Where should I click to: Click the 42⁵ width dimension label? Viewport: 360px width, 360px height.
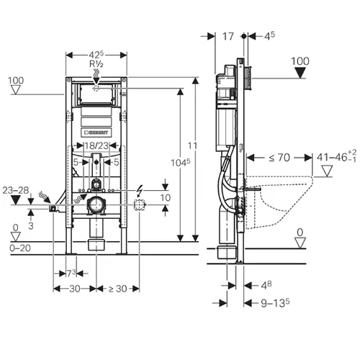point(96,55)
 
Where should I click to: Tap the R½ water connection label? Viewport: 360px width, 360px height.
point(96,64)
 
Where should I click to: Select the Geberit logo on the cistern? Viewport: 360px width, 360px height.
point(96,132)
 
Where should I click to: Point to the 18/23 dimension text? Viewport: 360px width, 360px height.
point(96,145)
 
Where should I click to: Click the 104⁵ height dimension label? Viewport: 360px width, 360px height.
point(181,163)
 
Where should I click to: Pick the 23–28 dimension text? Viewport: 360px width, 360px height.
point(16,190)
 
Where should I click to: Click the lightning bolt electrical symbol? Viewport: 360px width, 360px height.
point(139,192)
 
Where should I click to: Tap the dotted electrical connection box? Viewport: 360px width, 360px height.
point(140,205)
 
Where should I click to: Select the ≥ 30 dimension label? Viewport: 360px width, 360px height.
point(117,289)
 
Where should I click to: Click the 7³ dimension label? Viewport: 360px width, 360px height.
point(71,273)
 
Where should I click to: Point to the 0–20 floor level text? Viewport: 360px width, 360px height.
point(20,248)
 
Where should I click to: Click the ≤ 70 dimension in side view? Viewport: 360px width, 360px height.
point(279,158)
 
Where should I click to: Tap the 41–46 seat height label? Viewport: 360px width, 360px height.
point(336,157)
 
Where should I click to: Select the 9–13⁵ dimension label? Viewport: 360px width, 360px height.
point(275,303)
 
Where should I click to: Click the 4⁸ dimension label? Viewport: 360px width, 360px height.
point(266,285)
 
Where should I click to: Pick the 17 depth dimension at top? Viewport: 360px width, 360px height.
point(228,37)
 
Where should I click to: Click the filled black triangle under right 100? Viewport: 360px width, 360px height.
point(300,73)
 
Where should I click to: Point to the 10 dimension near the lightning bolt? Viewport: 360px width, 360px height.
point(166,198)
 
